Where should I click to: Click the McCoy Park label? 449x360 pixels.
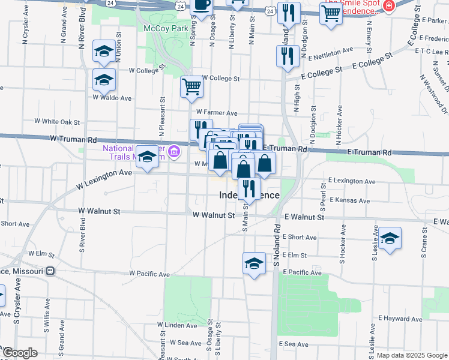point(166,28)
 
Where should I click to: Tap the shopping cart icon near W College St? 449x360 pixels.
point(191,87)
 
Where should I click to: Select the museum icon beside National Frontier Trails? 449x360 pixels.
point(175,151)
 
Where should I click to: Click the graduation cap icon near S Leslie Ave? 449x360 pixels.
point(390,239)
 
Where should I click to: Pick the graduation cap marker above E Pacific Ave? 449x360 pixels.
point(254,263)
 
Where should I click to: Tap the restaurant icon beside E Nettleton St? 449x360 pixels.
point(287,56)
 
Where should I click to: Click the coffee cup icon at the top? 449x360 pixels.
point(202,5)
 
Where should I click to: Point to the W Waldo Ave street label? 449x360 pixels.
point(112,97)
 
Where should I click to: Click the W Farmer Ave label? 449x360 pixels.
point(217,113)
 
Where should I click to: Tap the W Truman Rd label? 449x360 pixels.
point(73,139)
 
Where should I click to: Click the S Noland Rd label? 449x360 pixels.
point(277,246)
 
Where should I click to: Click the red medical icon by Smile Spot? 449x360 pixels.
point(389,6)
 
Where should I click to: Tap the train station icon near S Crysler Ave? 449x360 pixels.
point(50,271)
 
